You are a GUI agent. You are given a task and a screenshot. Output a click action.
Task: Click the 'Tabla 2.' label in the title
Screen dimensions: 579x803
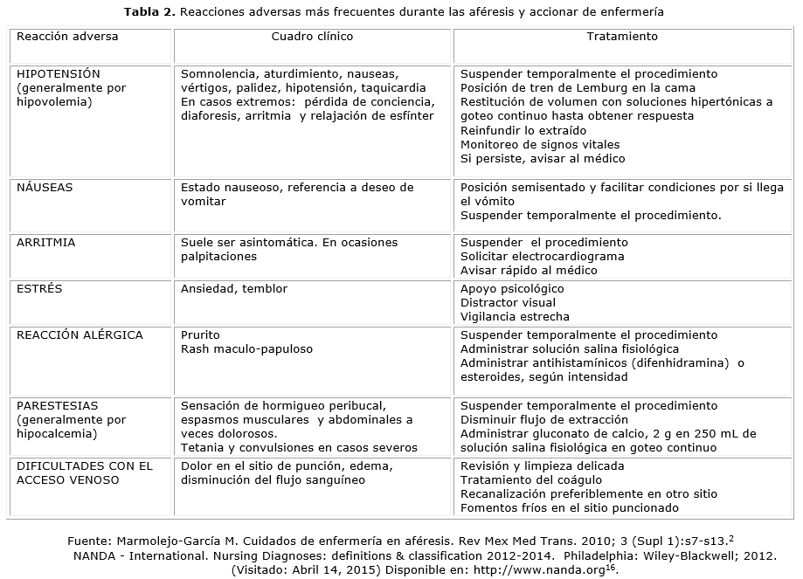[149, 12]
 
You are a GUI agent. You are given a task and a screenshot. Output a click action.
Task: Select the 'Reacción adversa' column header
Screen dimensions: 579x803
[67, 37]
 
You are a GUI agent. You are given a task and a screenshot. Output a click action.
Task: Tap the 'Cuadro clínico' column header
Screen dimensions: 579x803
[312, 37]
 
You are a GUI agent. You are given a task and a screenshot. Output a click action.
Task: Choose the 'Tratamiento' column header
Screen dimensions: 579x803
[622, 37]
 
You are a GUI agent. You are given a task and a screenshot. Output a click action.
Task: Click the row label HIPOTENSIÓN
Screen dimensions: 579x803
[59, 74]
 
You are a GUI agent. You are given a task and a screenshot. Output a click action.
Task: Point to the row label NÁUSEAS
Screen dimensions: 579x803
[45, 188]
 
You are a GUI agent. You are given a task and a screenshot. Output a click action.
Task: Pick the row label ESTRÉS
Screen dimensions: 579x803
[39, 289]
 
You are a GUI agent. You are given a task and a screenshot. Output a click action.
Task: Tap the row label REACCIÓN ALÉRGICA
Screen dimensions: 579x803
[80, 335]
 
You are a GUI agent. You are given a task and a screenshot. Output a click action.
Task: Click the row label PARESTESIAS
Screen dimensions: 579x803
[58, 406]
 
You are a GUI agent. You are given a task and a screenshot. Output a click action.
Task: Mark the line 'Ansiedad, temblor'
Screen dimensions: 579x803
[233, 289]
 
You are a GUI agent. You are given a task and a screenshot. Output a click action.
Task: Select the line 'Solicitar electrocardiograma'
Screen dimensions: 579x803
[542, 256]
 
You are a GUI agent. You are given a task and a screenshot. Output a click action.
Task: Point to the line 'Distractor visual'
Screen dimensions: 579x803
[508, 303]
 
